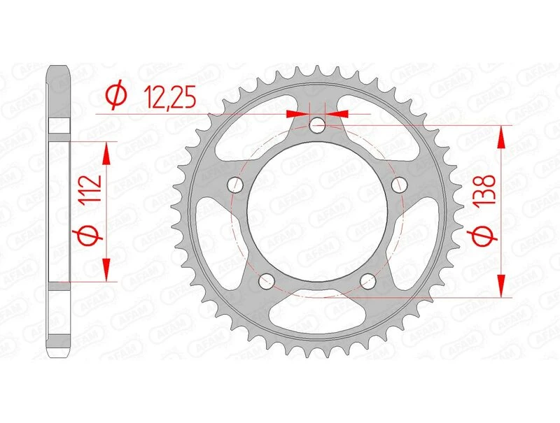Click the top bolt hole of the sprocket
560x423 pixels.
[x=318, y=126]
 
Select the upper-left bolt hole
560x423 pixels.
[x=235, y=185]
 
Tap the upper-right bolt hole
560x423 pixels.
[x=400, y=185]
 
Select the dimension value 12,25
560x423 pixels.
[x=168, y=94]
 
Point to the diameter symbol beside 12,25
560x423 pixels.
[x=118, y=94]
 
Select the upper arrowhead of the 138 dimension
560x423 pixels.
[x=501, y=136]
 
